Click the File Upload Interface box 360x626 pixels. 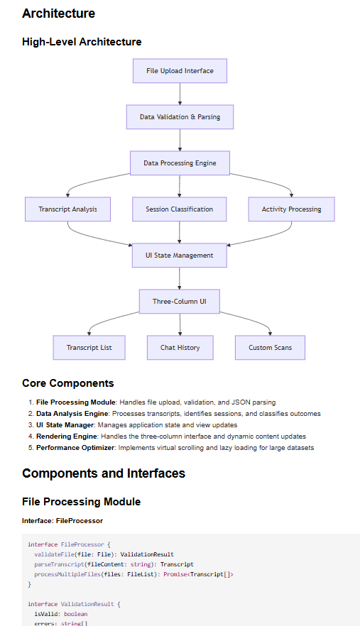click(x=180, y=71)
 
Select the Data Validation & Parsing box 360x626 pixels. click(x=180, y=117)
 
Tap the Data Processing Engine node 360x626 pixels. click(x=180, y=163)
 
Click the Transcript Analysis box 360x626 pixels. click(x=68, y=209)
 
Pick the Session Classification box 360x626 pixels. click(x=180, y=209)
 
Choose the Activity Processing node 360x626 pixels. click(x=291, y=209)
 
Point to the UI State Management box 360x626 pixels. click(x=180, y=256)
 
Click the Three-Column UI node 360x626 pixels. click(x=180, y=302)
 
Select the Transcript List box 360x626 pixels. click(x=89, y=348)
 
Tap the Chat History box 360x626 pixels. click(x=180, y=348)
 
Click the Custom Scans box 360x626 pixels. click(x=270, y=348)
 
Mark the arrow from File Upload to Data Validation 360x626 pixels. click(x=180, y=94)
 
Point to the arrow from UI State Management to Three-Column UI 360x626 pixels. click(x=180, y=279)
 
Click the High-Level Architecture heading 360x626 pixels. click(x=82, y=42)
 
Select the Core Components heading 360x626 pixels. click(x=67, y=383)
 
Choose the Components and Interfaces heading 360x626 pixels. click(x=104, y=473)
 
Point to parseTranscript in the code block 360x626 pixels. click(x=58, y=564)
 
